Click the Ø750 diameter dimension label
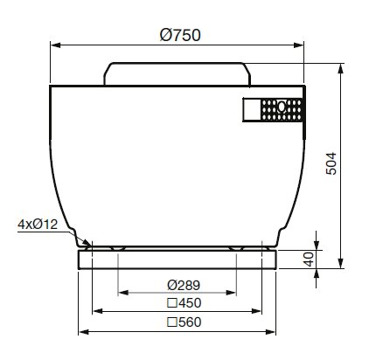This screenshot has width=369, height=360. click(x=180, y=35)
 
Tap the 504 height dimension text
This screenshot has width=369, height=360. click(x=331, y=163)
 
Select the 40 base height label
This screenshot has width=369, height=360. click(x=309, y=260)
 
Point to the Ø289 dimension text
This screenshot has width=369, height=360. click(x=184, y=285)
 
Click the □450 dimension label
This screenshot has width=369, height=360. click(x=184, y=303)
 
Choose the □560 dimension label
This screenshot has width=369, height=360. click(x=184, y=322)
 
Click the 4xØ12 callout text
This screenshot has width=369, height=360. click(x=38, y=225)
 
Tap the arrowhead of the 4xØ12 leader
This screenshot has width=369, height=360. click(x=87, y=242)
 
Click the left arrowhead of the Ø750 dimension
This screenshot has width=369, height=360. click(x=55, y=45)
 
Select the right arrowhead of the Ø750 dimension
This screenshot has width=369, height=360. click(x=299, y=45)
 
